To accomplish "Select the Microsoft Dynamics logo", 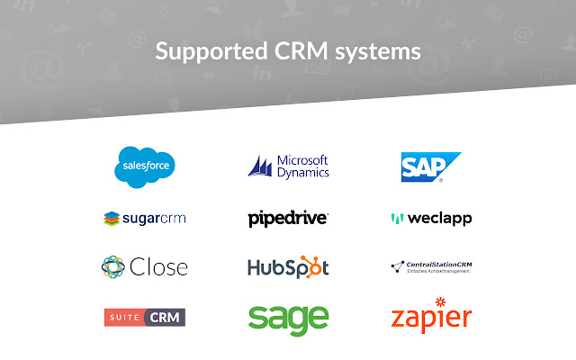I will coord(288,166).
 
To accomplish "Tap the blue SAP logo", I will coord(431,166).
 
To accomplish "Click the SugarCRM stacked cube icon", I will coord(112,218).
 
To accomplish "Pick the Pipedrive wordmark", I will coord(288,218).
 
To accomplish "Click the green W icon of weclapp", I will coord(396,218).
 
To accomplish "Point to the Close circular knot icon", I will coord(113,266).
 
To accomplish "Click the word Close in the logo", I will coord(157,267).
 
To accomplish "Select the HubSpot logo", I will coord(288,267).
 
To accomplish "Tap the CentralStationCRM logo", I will coord(432,266).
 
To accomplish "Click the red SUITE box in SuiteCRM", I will coord(123,317).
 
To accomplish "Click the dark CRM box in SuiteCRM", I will coord(166,317).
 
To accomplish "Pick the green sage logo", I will coord(288,319).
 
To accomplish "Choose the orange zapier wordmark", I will coord(431,319).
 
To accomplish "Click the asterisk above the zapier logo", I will coord(441,301).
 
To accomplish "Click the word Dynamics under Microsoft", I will coord(303,172).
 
